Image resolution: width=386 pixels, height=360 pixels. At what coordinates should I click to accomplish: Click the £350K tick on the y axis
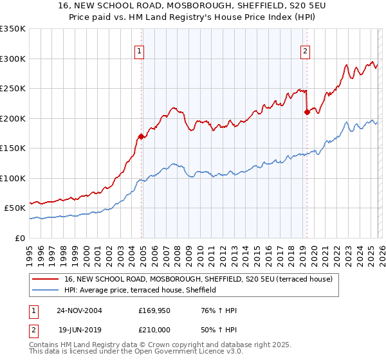point(13,29)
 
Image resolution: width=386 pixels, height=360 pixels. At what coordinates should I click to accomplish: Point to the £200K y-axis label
point(13,118)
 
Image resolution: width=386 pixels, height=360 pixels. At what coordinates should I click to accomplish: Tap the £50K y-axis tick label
point(15,208)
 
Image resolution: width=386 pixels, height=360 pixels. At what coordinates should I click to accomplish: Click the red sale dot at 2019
point(307,112)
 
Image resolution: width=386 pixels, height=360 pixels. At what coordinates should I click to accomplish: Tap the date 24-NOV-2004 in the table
point(80,310)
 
